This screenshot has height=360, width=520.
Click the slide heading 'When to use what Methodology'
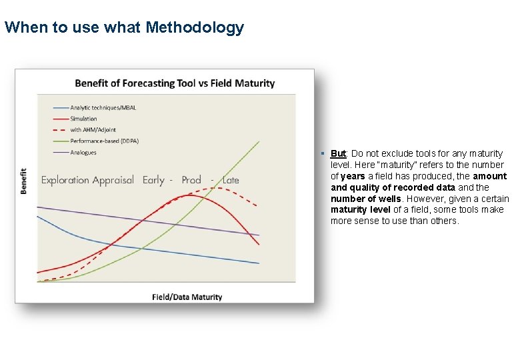pyautogui.click(x=124, y=28)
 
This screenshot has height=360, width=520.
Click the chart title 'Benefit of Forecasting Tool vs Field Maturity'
pyautogui.click(x=175, y=83)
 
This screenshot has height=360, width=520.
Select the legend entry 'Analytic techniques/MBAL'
pyautogui.click(x=103, y=107)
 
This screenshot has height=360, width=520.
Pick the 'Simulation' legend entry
pyautogui.click(x=83, y=119)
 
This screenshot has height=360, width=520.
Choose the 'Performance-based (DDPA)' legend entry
pyautogui.click(x=104, y=141)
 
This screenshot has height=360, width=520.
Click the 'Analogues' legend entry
pyautogui.click(x=83, y=153)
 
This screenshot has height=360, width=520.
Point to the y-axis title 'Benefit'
pyautogui.click(x=25, y=181)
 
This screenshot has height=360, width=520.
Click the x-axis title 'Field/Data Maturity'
pyautogui.click(x=187, y=297)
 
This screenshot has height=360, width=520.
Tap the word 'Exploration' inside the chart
pyautogui.click(x=65, y=180)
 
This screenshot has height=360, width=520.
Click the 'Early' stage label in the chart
pyautogui.click(x=153, y=180)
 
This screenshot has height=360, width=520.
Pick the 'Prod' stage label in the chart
pyautogui.click(x=191, y=180)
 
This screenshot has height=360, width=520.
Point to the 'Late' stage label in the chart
pyautogui.click(x=231, y=180)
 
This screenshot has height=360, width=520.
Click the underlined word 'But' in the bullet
pyautogui.click(x=338, y=153)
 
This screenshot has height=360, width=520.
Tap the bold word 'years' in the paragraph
pyautogui.click(x=353, y=176)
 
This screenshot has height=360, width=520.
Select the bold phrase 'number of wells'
pyautogui.click(x=367, y=199)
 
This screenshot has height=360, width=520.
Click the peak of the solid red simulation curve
pyautogui.click(x=190, y=195)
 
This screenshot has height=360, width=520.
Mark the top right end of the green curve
pyautogui.click(x=259, y=141)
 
